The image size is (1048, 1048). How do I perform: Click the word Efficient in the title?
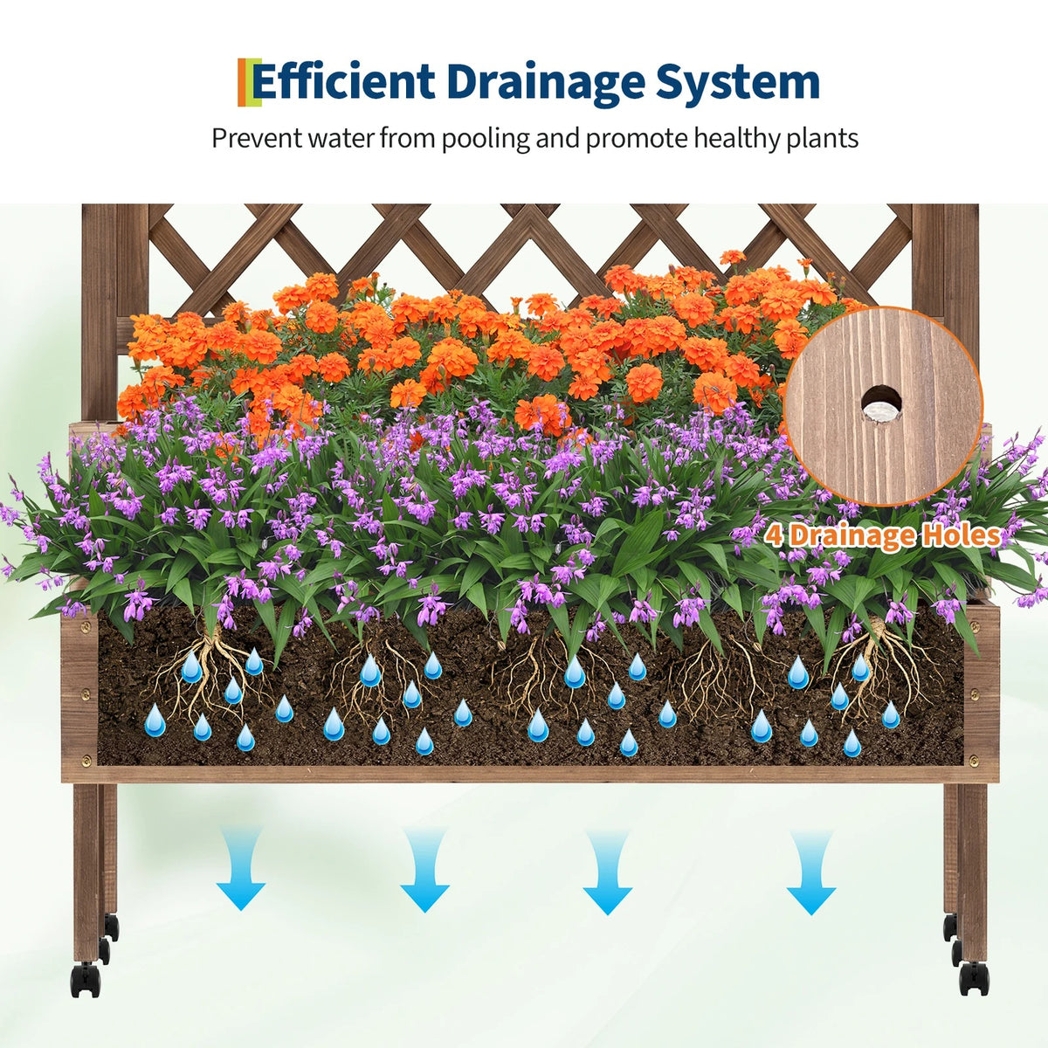coord(343,82)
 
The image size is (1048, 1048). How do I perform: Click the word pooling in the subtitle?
coord(485,139)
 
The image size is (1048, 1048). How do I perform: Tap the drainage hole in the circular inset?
coord(881,404)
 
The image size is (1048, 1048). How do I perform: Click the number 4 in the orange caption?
coord(775,535)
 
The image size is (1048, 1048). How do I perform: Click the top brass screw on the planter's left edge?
coord(86,629)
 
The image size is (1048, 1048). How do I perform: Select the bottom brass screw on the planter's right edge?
coord(974,760)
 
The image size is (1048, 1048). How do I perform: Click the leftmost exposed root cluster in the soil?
coord(210,674)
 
